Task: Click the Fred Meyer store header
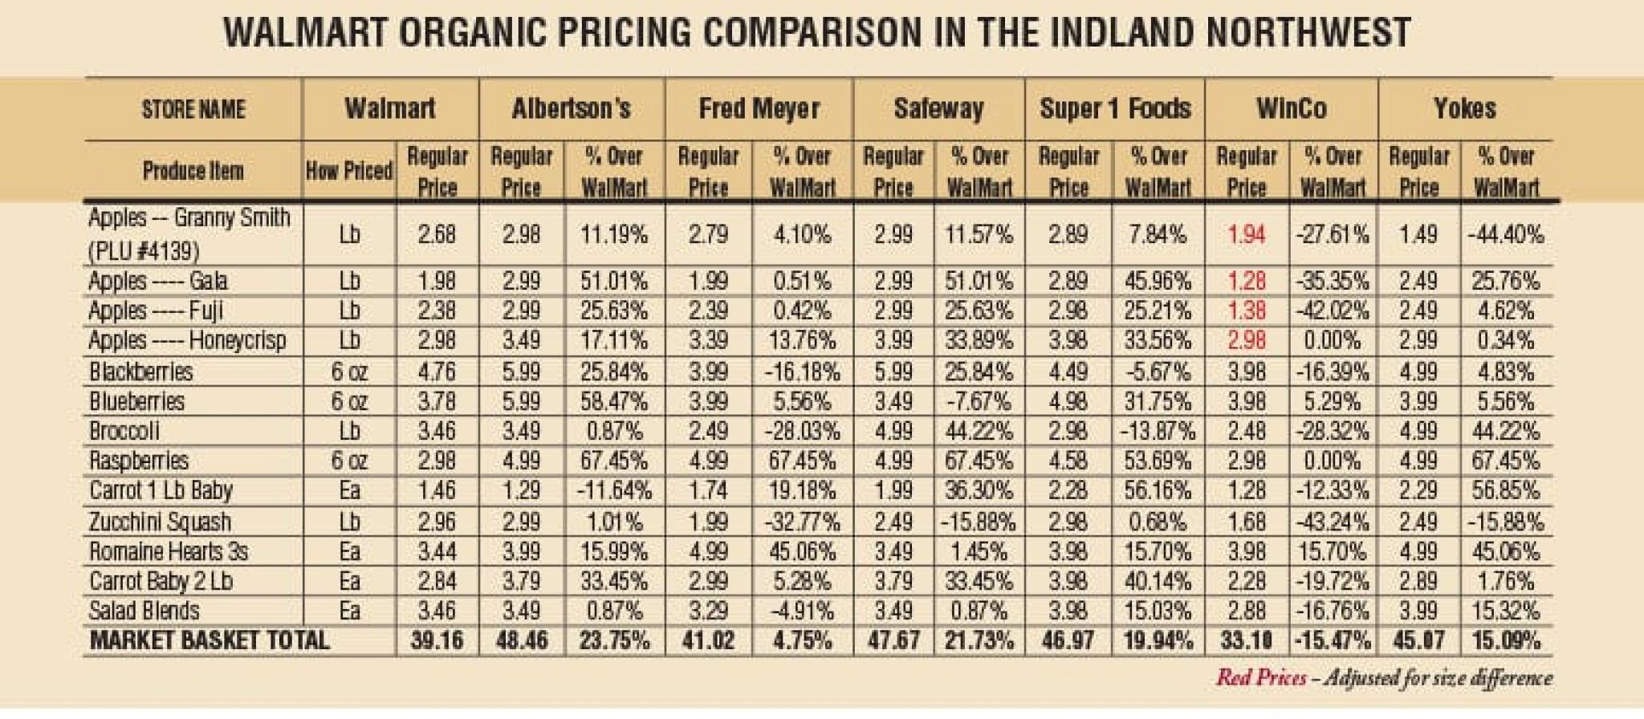pos(759,108)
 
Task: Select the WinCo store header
pos(1291,108)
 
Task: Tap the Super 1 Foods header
pos(1115,108)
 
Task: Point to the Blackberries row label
pos(141,372)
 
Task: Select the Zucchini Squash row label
pos(160,522)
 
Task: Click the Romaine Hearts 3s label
pos(169,551)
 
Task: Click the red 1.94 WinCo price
pos(1246,234)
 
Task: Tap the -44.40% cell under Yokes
pos(1505,234)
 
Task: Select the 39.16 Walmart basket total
pos(437,640)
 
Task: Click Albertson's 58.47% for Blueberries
pos(614,401)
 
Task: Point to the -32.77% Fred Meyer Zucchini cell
pos(801,522)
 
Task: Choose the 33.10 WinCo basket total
pos(1247,640)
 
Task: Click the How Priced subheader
pos(349,170)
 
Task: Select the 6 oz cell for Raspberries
pos(349,461)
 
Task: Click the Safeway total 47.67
pos(893,640)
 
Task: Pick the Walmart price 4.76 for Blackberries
pos(437,372)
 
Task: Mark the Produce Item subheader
pos(193,170)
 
